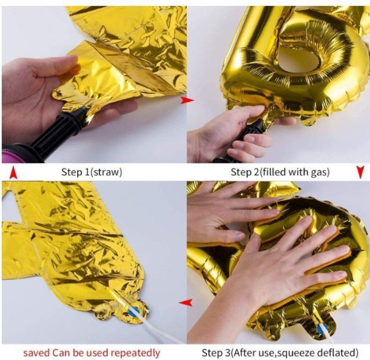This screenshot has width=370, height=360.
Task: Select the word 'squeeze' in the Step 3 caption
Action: tap(295, 353)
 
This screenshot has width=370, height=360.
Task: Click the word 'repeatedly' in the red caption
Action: tap(135, 353)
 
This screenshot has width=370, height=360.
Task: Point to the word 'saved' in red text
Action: tap(37, 353)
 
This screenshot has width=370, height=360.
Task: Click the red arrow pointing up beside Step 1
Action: tap(13, 173)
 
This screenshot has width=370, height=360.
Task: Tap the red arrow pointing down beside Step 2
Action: tap(360, 172)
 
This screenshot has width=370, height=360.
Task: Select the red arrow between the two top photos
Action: tap(187, 100)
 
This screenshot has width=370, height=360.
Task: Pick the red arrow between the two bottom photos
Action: tap(186, 302)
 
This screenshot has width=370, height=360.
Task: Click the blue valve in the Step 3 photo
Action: tap(323, 327)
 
